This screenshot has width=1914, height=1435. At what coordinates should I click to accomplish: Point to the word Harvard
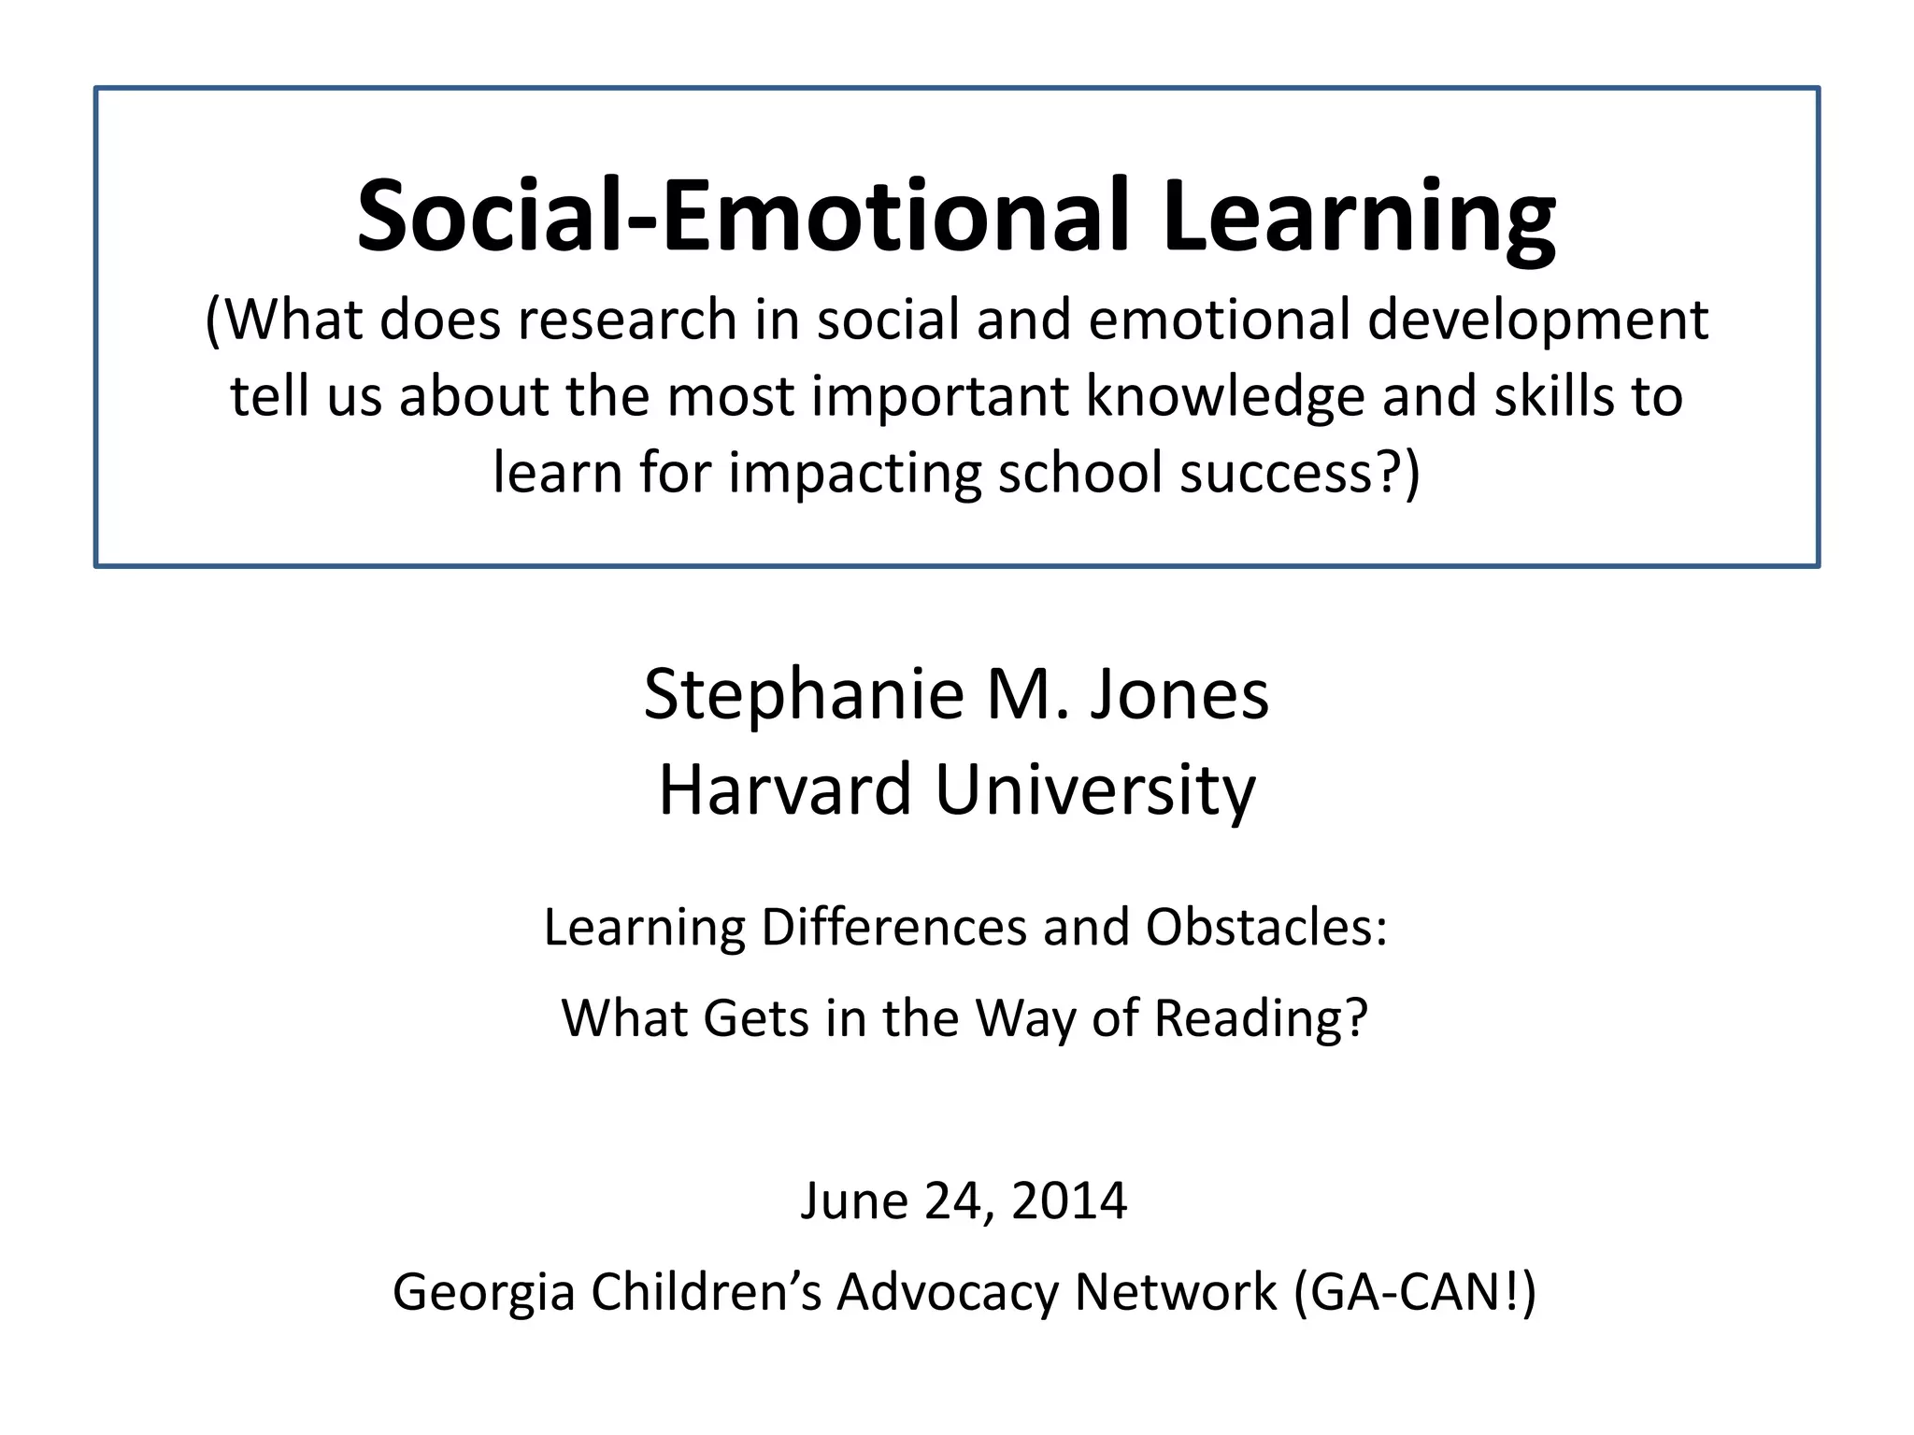[x=784, y=790]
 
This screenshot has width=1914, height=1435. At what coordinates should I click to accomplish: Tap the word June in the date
[x=853, y=1201]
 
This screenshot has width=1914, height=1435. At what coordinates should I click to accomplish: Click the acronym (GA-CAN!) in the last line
[x=1415, y=1293]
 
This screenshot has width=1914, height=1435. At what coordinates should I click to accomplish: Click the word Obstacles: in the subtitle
[x=1266, y=929]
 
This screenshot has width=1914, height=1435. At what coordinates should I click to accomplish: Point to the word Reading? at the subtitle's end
[x=1261, y=1019]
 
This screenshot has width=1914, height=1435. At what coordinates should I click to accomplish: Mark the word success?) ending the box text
[x=1299, y=474]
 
